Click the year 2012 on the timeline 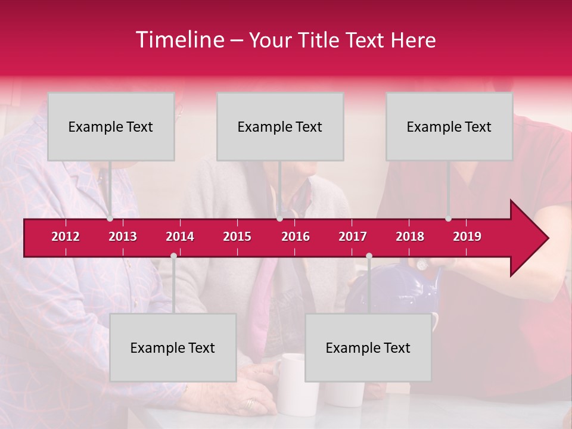[66, 237]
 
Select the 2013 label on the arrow [123, 237]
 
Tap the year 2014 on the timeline [180, 237]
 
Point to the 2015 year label [237, 237]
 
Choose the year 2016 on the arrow [296, 237]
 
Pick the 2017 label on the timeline [353, 237]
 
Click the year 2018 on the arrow [410, 237]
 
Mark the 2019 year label [467, 237]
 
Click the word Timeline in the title [179, 40]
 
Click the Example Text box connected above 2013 [111, 126]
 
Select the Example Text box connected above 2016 [280, 126]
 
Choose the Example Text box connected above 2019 [449, 126]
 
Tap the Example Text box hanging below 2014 [173, 347]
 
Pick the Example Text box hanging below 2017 [368, 347]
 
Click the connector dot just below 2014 [173, 256]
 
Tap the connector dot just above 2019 [448, 219]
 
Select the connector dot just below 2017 [369, 256]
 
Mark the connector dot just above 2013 [110, 219]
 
